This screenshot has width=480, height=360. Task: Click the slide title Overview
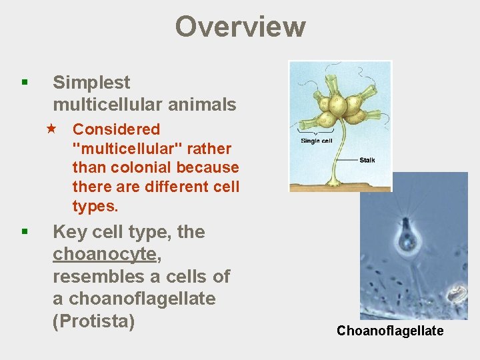[240, 27]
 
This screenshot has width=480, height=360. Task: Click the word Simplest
[91, 83]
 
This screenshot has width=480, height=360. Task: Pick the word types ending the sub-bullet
[95, 206]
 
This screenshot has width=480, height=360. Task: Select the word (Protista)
[93, 321]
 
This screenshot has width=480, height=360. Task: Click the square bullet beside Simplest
[24, 83]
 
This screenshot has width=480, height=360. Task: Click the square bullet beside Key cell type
[24, 232]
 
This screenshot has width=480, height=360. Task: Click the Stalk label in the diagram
[367, 160]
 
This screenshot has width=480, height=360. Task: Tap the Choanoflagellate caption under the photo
[390, 331]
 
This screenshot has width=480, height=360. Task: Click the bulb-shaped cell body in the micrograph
[407, 239]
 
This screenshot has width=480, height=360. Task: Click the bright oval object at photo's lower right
[457, 294]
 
